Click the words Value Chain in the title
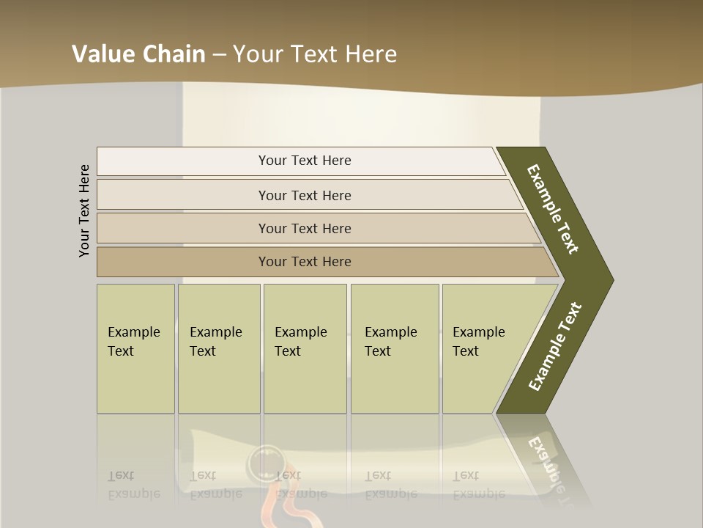(x=138, y=54)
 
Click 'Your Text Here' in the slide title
(x=315, y=54)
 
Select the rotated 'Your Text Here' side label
(x=85, y=210)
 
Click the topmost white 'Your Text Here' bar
(x=305, y=161)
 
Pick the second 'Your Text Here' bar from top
(x=305, y=195)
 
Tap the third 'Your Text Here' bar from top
(x=305, y=228)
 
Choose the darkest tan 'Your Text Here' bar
(x=305, y=262)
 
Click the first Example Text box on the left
(x=135, y=348)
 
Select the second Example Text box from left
(x=218, y=348)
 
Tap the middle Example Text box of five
(x=305, y=348)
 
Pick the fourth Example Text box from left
(x=394, y=348)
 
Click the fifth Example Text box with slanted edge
(x=483, y=348)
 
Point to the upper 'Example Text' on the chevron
(x=553, y=209)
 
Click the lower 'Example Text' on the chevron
(x=554, y=347)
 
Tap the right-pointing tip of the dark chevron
(x=609, y=280)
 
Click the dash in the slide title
(x=219, y=54)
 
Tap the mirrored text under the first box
(x=133, y=485)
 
